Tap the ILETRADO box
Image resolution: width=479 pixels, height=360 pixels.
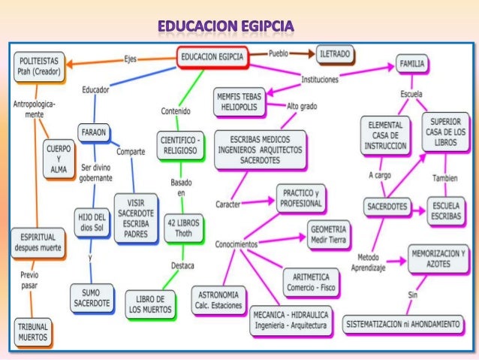(336, 54)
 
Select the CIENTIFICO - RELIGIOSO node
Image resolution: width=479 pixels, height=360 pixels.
(179, 144)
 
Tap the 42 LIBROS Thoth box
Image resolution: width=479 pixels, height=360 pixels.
(183, 227)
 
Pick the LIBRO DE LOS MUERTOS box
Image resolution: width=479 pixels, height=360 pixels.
(150, 302)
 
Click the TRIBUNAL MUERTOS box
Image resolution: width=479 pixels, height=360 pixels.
(33, 332)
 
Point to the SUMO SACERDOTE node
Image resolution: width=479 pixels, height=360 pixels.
(92, 297)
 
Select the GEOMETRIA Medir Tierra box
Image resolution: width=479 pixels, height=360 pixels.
(328, 233)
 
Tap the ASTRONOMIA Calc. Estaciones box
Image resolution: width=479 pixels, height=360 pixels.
(217, 300)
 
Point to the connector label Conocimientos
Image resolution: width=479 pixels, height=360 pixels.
(236, 244)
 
